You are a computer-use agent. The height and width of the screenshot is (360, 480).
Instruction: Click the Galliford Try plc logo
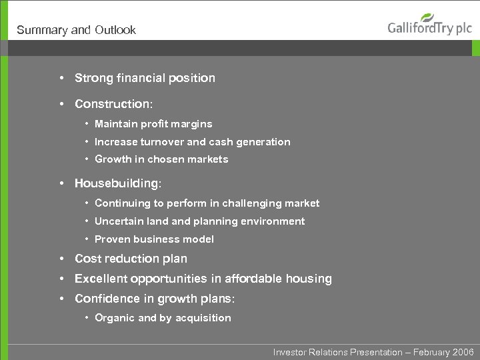pyautogui.click(x=429, y=27)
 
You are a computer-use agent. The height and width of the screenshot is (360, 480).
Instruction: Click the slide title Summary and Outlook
pyautogui.click(x=76, y=30)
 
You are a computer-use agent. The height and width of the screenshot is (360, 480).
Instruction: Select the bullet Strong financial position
pyautogui.click(x=145, y=78)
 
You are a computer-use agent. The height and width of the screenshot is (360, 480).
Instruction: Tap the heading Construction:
pyautogui.click(x=113, y=104)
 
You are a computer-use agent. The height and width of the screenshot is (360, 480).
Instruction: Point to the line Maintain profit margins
pyautogui.click(x=153, y=124)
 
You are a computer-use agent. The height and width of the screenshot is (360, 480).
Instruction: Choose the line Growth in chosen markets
pyautogui.click(x=161, y=159)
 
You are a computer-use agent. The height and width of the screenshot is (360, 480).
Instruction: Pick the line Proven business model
pyautogui.click(x=154, y=239)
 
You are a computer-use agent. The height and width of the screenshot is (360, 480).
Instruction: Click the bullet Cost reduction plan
pyautogui.click(x=131, y=259)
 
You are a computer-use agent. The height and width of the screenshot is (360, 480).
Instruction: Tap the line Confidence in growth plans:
pyautogui.click(x=155, y=299)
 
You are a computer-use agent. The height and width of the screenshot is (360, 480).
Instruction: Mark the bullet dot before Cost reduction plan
pyautogui.click(x=61, y=259)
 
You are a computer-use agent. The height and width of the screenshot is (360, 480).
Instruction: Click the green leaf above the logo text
pyautogui.click(x=428, y=17)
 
